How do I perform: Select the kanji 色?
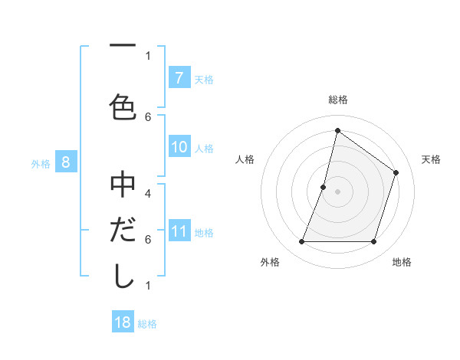point(122,106)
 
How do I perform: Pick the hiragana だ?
point(122,230)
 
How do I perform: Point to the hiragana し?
point(122,276)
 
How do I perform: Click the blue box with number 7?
point(179,77)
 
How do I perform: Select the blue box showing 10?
point(179,147)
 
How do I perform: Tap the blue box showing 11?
point(179,231)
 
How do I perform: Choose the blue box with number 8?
point(66,162)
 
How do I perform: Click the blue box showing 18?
point(123,322)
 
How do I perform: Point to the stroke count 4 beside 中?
point(148,194)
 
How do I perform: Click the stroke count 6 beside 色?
point(148,116)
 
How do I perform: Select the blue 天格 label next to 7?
point(204,79)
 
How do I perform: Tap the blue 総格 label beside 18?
point(147,324)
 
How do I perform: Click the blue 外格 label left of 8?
point(41,163)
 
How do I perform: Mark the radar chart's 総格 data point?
point(337,131)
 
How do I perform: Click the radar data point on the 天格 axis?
point(396,172)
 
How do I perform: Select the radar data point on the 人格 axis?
point(324,187)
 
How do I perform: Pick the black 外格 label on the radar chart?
point(270,262)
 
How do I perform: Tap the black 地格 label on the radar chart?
point(402,262)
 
